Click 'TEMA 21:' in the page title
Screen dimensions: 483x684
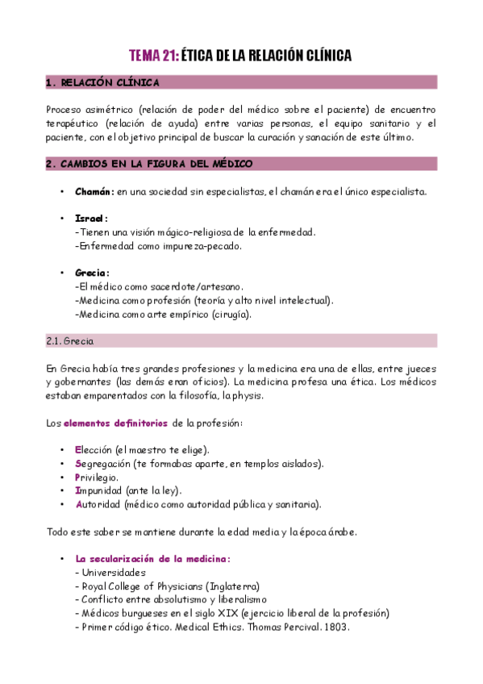(153, 56)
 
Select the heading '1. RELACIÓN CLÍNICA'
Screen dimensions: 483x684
(102, 82)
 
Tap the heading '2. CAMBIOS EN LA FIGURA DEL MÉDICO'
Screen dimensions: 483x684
(149, 164)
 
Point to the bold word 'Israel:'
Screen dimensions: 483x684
(91, 219)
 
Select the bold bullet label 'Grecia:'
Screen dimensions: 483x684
(92, 273)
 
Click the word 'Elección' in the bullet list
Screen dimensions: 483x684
(94, 449)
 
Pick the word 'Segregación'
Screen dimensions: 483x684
(104, 464)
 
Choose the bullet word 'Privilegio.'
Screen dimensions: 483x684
(98, 477)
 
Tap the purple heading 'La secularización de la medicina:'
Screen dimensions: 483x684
(153, 558)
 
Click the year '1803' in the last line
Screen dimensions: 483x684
(337, 627)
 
